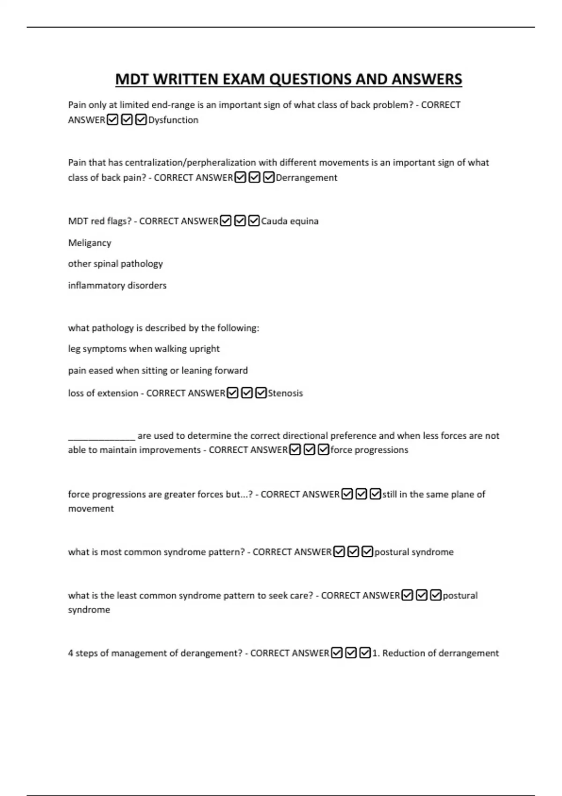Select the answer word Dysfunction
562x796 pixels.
pyautogui.click(x=173, y=120)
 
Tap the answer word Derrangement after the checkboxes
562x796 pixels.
pyautogui.click(x=306, y=177)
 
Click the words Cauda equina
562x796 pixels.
pyautogui.click(x=289, y=221)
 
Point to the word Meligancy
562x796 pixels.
pyautogui.click(x=89, y=243)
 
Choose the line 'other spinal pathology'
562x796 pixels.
pyautogui.click(x=115, y=264)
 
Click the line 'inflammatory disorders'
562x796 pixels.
pyautogui.click(x=117, y=285)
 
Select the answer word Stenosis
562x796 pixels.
pyautogui.click(x=285, y=393)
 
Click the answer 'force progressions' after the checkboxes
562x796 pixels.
pyautogui.click(x=369, y=450)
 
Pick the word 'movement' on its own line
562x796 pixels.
pyautogui.click(x=91, y=509)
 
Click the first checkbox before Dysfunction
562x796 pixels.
pyautogui.click(x=112, y=120)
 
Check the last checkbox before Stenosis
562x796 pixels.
pyautogui.click(x=261, y=393)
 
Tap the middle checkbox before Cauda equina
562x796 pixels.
pyautogui.click(x=240, y=221)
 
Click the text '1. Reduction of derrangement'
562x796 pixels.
pyautogui.click(x=436, y=653)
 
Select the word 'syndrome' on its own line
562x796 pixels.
pyautogui.click(x=89, y=610)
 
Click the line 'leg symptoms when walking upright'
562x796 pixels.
pyautogui.click(x=144, y=349)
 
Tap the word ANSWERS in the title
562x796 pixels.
pyautogui.click(x=427, y=79)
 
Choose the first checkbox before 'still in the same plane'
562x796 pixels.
pyautogui.click(x=347, y=494)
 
